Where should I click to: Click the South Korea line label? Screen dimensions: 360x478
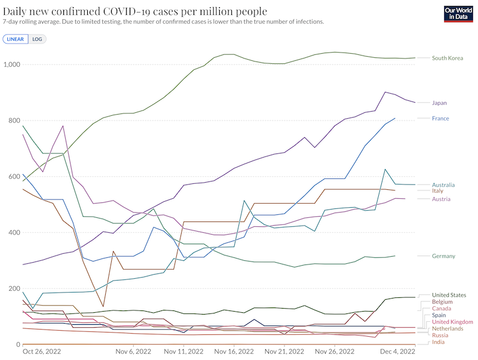(x=448, y=58)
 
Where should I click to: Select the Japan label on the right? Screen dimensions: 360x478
(x=439, y=103)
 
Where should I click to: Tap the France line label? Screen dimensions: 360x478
(x=440, y=118)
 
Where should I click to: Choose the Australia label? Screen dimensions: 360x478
(x=443, y=185)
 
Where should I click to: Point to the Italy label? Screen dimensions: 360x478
(x=437, y=190)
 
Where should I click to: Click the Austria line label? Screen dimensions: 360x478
(x=441, y=199)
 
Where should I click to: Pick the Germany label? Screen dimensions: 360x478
(x=443, y=256)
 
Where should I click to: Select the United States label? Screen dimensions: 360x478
(x=449, y=295)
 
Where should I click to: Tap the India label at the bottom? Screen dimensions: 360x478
(x=438, y=342)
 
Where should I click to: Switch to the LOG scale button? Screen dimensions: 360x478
(x=37, y=39)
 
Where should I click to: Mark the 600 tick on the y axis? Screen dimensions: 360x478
(x=14, y=177)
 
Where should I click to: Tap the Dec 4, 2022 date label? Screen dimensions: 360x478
(x=397, y=352)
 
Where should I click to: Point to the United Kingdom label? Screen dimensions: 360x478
(x=452, y=322)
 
